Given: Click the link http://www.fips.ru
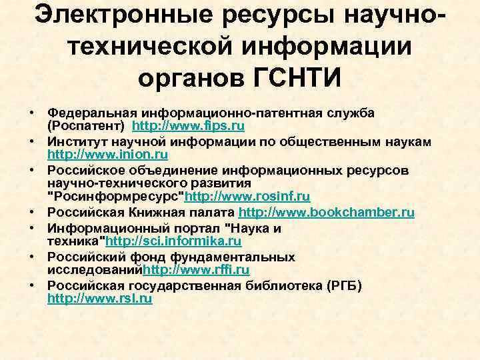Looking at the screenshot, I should coord(189,126).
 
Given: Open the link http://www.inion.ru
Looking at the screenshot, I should coord(108,155).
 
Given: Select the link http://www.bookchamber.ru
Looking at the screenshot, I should coord(326,213).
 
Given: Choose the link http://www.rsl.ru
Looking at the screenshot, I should coord(100,299).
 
